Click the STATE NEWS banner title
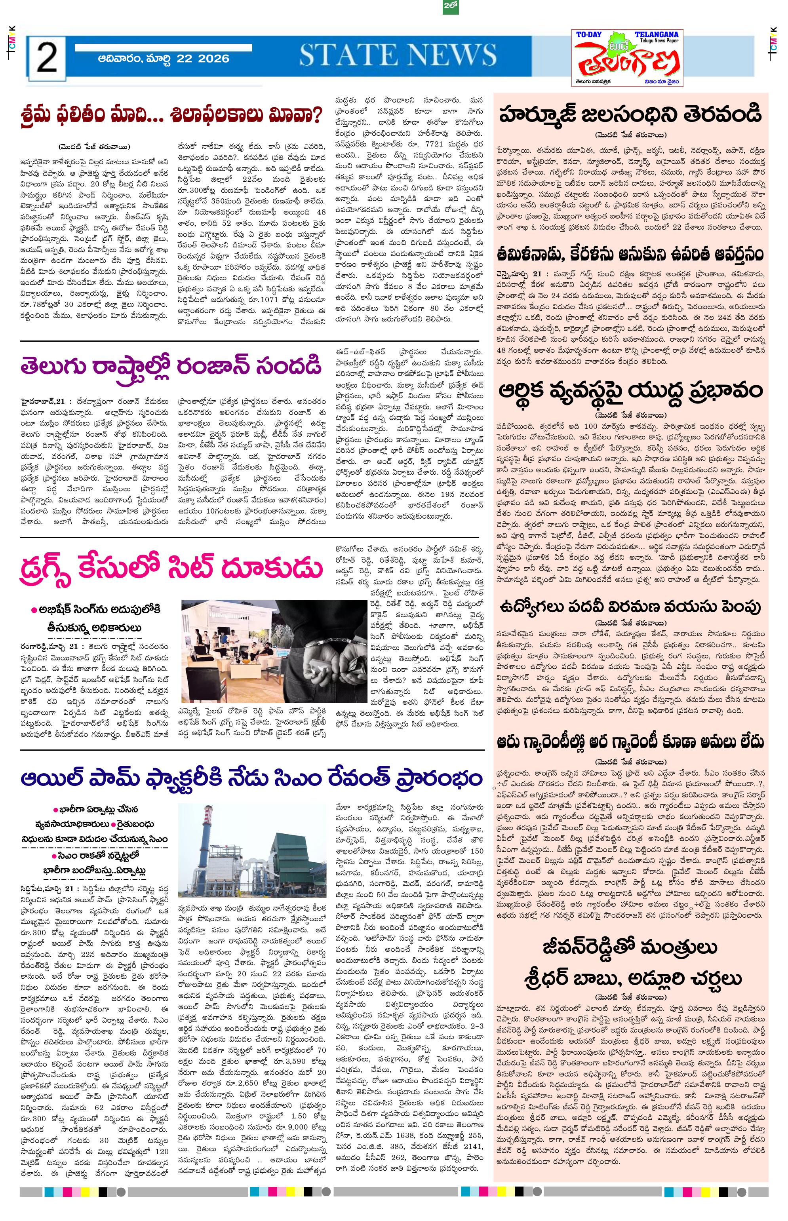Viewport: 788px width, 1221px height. tap(397, 55)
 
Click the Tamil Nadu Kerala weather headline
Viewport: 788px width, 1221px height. tap(630, 254)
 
